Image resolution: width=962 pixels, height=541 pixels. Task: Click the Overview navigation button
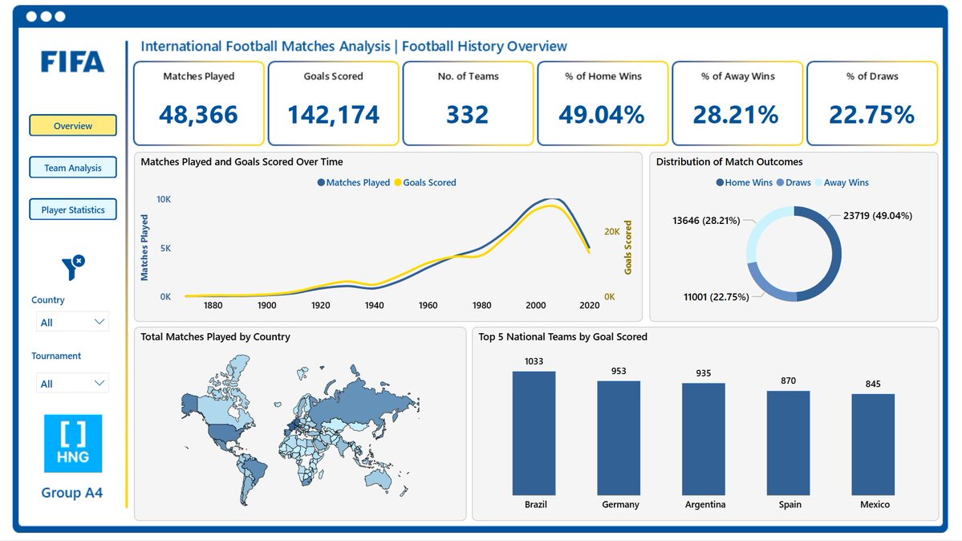(x=73, y=126)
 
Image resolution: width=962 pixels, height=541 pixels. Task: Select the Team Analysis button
(x=73, y=168)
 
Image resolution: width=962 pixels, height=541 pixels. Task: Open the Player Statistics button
(x=73, y=209)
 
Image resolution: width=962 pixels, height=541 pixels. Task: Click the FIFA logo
(x=73, y=62)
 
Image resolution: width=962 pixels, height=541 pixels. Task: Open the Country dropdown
(x=72, y=322)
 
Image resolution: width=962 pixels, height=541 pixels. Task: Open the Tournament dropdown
(x=72, y=384)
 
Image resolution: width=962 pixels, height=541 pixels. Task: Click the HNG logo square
(x=73, y=443)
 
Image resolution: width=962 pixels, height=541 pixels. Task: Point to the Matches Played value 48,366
(x=198, y=115)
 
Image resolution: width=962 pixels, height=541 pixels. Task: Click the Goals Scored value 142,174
(x=333, y=115)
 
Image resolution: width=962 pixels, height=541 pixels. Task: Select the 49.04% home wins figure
(x=602, y=115)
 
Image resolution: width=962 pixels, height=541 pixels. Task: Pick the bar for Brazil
(x=534, y=433)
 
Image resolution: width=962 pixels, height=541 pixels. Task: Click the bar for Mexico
(x=872, y=445)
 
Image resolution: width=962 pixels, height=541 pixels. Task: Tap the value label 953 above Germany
(x=619, y=372)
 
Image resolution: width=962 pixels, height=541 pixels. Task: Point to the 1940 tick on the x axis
(x=374, y=306)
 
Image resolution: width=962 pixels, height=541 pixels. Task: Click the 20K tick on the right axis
(x=611, y=232)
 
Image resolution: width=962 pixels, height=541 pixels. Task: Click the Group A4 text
(x=72, y=493)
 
